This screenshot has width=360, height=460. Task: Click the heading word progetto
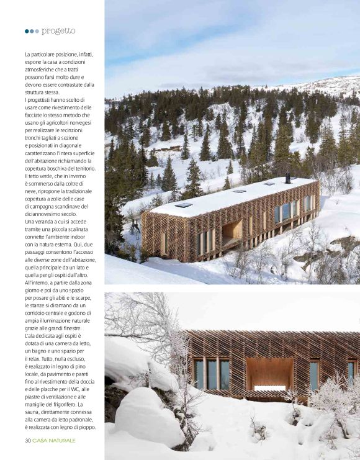59,30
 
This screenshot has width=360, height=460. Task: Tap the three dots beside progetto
32,31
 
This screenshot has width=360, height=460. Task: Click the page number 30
28,440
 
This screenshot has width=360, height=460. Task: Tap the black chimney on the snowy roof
287,178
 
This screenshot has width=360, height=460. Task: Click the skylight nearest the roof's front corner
183,205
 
